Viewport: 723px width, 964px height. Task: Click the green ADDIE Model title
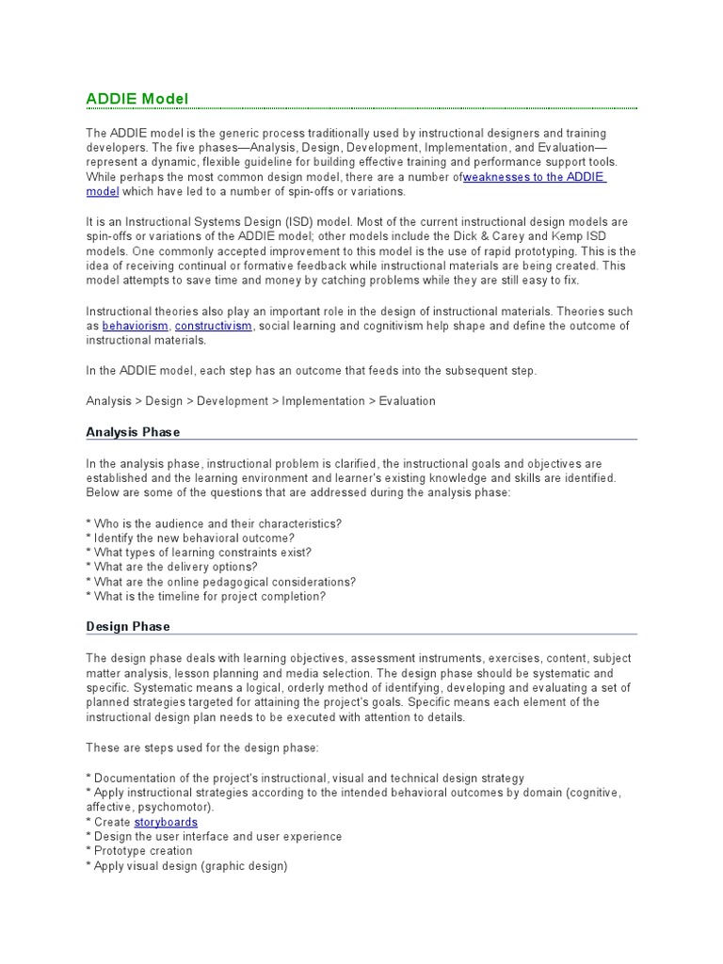[x=137, y=98]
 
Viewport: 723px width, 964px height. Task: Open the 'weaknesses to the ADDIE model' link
[x=534, y=177]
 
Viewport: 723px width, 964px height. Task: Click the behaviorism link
[x=136, y=326]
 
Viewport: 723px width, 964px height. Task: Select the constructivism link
[x=214, y=326]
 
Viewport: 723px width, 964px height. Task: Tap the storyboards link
[x=166, y=822]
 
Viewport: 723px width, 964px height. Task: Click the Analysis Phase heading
[x=133, y=432]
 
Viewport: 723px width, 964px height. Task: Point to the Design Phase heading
[x=128, y=626]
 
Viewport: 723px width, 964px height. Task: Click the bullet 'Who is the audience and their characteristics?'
[x=214, y=523]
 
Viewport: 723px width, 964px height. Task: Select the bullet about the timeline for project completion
[x=206, y=597]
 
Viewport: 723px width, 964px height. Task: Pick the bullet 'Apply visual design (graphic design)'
[x=186, y=866]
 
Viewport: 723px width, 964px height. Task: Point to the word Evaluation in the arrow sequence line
[x=407, y=401]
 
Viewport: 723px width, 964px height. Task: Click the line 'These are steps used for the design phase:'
[x=202, y=747]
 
